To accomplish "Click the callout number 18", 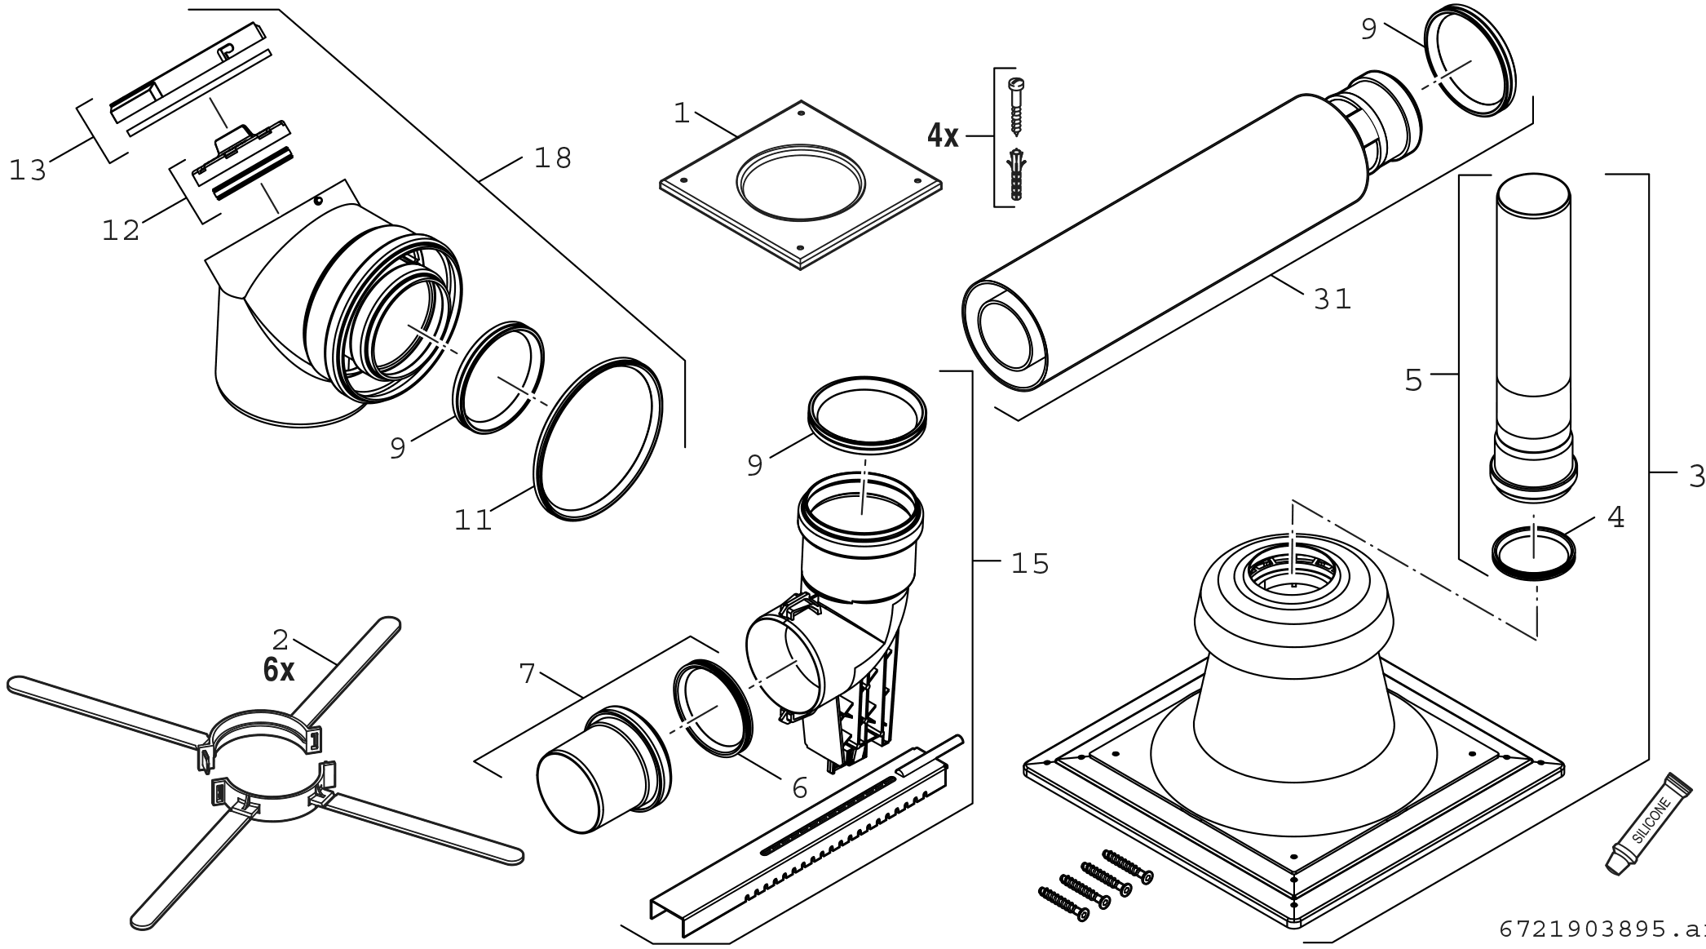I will [553, 157].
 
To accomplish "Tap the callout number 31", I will [1333, 299].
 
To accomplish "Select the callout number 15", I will [1030, 563].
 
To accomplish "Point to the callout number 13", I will [28, 171].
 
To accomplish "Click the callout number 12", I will [121, 231].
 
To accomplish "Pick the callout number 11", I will [473, 520].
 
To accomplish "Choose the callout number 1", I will [682, 113].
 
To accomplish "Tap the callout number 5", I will [1413, 379].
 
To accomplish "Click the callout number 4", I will [1615, 517].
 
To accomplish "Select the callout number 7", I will [527, 674].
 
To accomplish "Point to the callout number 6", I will [799, 788].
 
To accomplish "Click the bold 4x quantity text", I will [943, 136].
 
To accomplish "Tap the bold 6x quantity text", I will [279, 670].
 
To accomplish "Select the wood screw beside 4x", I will [1016, 107].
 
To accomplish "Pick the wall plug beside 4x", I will [1015, 175].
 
